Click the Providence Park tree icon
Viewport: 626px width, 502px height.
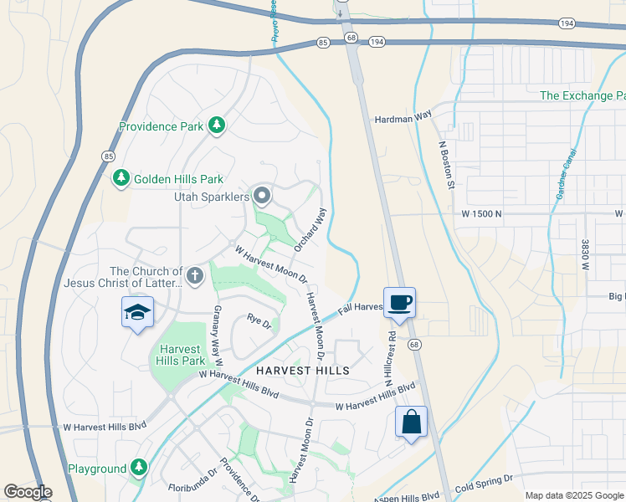tap(218, 126)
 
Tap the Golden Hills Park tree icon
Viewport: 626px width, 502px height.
tap(121, 178)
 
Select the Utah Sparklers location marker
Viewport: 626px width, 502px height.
tap(262, 197)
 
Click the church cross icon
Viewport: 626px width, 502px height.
tap(195, 276)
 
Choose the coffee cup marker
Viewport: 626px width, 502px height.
tap(400, 303)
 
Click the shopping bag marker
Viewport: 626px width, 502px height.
tap(411, 422)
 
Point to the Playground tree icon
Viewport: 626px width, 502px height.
tap(139, 469)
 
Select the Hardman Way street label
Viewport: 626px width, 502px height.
tap(402, 119)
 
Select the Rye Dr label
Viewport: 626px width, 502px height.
tap(258, 319)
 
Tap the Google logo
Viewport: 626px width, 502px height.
tap(28, 492)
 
